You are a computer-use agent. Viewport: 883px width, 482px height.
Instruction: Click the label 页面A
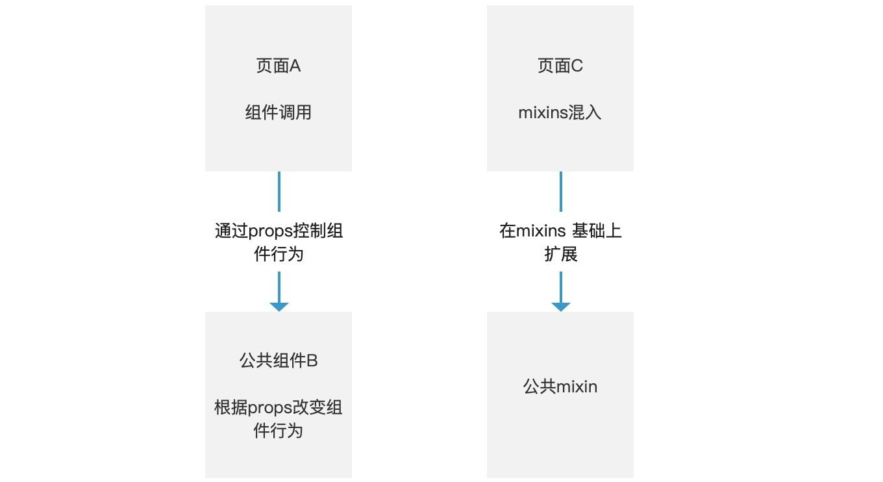click(279, 66)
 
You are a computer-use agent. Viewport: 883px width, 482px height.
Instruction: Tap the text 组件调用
click(279, 112)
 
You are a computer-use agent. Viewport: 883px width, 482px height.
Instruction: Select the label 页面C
click(560, 66)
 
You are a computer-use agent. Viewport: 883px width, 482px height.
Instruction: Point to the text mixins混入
click(560, 112)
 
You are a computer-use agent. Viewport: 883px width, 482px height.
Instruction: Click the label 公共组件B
click(279, 361)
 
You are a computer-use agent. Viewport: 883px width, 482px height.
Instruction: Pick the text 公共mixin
click(560, 387)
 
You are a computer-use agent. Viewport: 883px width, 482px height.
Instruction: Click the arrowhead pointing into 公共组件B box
click(279, 307)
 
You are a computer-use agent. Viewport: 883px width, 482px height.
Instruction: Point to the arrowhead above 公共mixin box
click(561, 307)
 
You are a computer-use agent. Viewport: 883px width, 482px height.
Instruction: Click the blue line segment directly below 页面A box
click(279, 192)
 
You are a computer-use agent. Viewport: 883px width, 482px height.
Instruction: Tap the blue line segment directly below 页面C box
click(561, 192)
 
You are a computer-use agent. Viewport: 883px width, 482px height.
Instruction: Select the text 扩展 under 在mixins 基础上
click(560, 254)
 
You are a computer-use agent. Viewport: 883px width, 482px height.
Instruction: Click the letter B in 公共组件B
click(312, 361)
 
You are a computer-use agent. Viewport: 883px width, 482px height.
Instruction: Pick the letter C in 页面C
click(577, 66)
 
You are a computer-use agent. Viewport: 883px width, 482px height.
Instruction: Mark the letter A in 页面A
click(295, 66)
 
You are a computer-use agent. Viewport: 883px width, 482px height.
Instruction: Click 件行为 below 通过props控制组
click(279, 254)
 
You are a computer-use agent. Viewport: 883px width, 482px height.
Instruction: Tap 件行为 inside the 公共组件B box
click(278, 431)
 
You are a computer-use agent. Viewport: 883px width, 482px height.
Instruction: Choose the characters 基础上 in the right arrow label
click(597, 231)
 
